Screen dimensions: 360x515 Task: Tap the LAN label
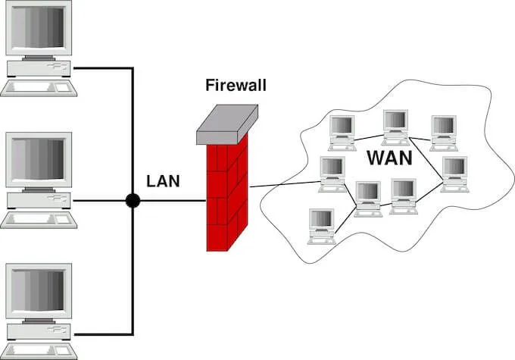click(162, 182)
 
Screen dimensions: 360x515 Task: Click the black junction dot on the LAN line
click(133, 201)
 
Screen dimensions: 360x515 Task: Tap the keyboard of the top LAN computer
click(39, 86)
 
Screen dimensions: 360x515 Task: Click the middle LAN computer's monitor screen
click(39, 161)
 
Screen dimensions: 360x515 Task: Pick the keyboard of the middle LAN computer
click(39, 220)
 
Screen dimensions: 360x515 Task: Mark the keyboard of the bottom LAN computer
click(39, 351)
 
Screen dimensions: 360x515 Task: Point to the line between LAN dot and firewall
click(170, 201)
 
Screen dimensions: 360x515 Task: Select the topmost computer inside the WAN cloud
click(395, 125)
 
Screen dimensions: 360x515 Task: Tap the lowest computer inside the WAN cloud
click(321, 225)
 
